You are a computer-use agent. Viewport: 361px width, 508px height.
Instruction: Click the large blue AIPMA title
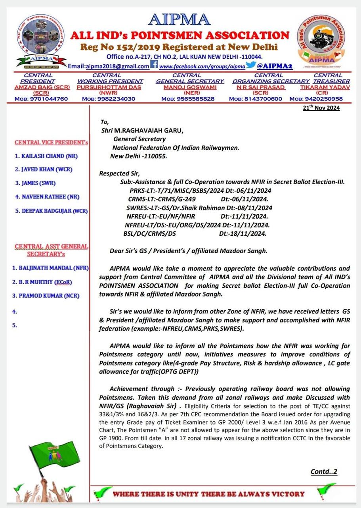(x=179, y=20)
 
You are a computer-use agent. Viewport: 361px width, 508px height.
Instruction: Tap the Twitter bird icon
(x=250, y=65)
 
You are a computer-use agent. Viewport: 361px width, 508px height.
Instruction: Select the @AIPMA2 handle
(x=275, y=66)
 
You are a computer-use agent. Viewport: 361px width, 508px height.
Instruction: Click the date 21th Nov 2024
(x=321, y=108)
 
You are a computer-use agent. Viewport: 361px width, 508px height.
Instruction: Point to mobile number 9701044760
(x=47, y=99)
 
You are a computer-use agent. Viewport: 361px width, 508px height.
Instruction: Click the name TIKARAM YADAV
(x=325, y=87)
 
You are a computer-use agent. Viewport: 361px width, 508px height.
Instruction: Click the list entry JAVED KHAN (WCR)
(x=44, y=169)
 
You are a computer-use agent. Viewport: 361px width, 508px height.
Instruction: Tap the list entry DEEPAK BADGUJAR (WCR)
(x=52, y=211)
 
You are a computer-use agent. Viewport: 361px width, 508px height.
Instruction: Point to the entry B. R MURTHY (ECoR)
(x=42, y=282)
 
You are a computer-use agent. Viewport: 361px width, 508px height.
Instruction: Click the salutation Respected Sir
(x=120, y=173)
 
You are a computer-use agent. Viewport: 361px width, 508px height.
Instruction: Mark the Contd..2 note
(x=324, y=472)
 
